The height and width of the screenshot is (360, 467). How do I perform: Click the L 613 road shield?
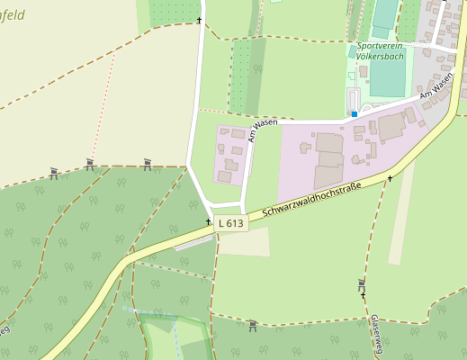231,222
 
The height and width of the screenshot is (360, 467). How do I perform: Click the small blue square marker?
355,114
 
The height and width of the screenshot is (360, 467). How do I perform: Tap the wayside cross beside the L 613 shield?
208,221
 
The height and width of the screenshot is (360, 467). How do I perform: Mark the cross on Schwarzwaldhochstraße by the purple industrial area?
390,178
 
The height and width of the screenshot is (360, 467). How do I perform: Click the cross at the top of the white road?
199,20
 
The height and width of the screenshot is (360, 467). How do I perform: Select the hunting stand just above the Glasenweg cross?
361,283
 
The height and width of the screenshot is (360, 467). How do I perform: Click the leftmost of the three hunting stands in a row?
54,173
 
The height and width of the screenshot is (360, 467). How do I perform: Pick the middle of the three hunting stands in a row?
90,164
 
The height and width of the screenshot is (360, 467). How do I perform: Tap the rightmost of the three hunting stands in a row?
148,164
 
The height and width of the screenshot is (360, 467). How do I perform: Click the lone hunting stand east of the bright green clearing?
253,325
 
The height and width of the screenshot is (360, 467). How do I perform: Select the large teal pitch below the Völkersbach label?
387,76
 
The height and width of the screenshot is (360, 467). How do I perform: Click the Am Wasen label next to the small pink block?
262,130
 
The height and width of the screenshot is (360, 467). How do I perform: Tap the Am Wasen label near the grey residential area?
436,87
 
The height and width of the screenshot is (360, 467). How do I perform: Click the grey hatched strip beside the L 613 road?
193,242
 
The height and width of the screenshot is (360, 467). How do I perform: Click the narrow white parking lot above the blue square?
353,99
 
